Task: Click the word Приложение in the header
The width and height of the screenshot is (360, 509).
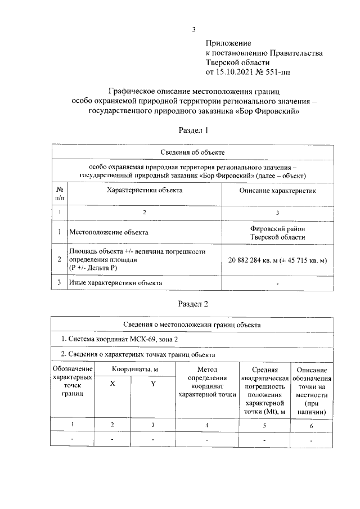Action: coord(228,43)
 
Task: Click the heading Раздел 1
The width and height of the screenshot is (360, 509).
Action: coord(193,130)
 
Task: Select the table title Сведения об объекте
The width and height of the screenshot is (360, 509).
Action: coord(193,152)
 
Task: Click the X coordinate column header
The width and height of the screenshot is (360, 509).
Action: coord(112,383)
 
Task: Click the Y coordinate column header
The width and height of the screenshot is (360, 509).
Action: coord(153,383)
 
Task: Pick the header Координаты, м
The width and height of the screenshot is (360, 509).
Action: coord(134,368)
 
